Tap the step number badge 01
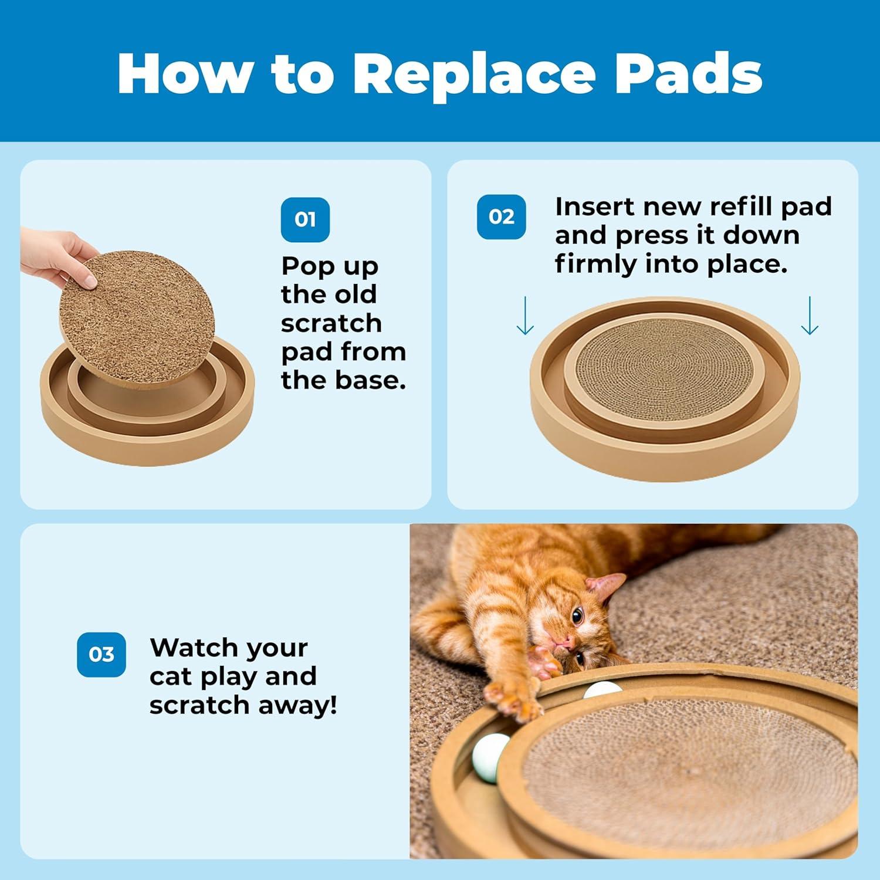(305, 219)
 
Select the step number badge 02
(501, 216)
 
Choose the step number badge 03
(101, 654)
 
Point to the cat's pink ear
(607, 584)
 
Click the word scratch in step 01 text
(331, 323)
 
